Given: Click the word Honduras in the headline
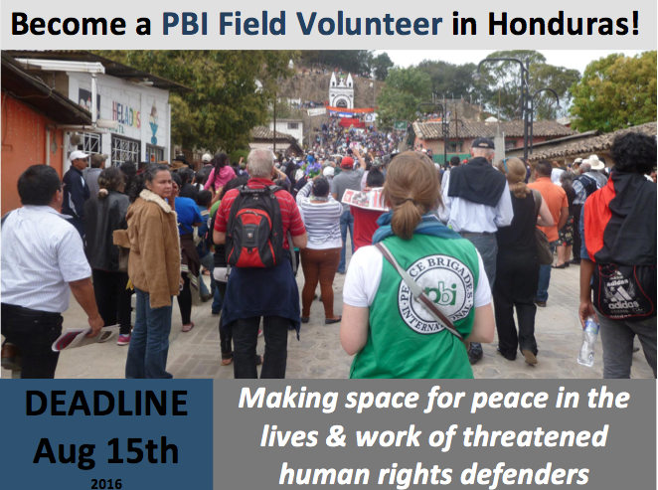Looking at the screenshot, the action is (564, 24).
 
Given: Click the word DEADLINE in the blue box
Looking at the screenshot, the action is (106, 404).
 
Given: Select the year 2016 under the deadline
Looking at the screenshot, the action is (106, 484).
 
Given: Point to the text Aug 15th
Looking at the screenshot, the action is (106, 451).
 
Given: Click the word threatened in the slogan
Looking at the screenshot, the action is (535, 436).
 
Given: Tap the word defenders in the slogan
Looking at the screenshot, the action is (524, 474).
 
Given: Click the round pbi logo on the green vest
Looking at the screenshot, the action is (436, 294).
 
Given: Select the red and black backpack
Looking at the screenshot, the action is (254, 227).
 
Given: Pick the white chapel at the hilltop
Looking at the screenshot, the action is (341, 90).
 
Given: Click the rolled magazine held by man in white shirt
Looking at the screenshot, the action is (85, 337).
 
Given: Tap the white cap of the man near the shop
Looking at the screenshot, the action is (79, 155).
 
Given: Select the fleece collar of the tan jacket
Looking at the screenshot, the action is (157, 200).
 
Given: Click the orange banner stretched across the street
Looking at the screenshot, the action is (351, 109).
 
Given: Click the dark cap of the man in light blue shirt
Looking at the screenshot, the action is (483, 143).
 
